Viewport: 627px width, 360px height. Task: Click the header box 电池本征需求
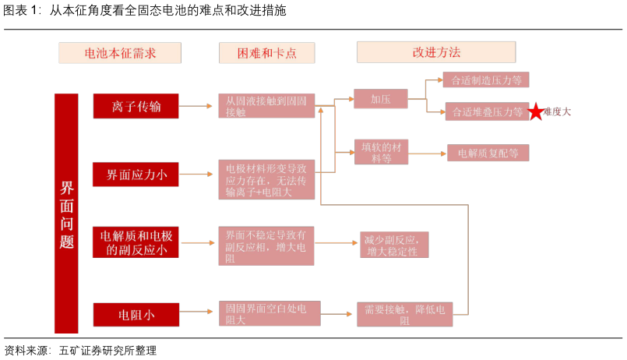(120, 53)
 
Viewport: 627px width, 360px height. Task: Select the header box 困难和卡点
(267, 53)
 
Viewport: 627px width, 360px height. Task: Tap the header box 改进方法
(436, 52)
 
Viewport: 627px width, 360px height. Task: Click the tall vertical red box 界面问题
(66, 214)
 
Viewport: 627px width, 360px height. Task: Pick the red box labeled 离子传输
(136, 106)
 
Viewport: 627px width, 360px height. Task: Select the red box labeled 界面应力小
(136, 174)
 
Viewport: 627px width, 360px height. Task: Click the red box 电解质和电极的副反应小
(136, 242)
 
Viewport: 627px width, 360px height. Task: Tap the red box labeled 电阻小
(136, 315)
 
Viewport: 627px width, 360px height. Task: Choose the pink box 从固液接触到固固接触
(266, 106)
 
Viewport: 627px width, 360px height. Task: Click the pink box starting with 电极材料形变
(266, 179)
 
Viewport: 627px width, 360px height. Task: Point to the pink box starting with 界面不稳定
(266, 246)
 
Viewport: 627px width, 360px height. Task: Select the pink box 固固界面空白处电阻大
(266, 313)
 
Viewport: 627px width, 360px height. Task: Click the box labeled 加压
(380, 99)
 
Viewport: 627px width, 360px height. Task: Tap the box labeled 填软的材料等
(381, 152)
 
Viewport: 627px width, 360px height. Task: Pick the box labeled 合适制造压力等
(485, 79)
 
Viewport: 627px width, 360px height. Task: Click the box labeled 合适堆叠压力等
(485, 111)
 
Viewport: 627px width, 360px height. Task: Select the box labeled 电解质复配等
(488, 153)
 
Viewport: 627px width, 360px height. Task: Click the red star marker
(536, 112)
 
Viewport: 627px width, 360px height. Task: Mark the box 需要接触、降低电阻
(404, 314)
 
